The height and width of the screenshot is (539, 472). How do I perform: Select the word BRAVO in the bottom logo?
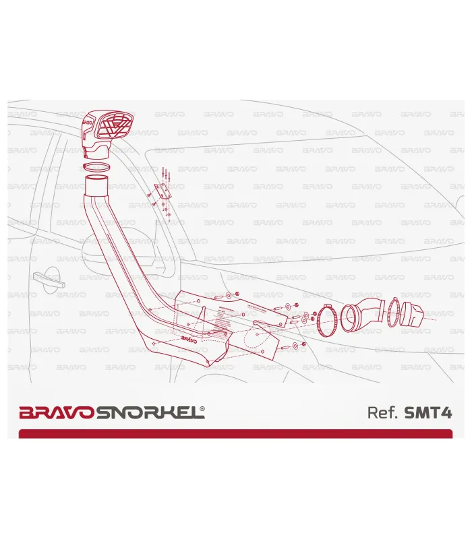click(58, 412)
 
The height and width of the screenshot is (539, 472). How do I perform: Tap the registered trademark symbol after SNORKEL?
click(203, 408)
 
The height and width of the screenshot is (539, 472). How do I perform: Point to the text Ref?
click(383, 412)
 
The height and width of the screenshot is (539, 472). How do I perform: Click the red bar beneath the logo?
click(235, 433)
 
